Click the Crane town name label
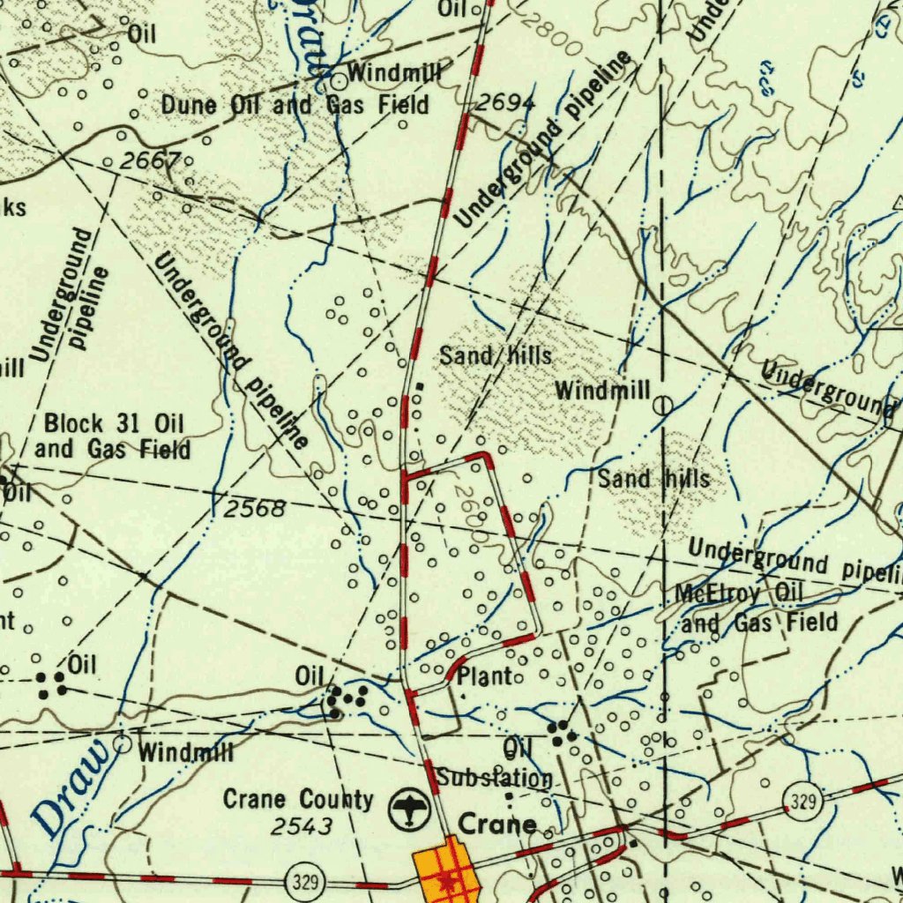coord(498,825)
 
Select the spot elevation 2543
coord(302,826)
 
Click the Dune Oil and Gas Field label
coord(295,106)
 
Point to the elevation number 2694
coord(506,104)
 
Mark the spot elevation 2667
coord(151,160)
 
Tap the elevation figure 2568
coord(255,509)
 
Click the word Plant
coord(485,676)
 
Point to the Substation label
coord(495,779)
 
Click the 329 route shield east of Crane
coord(802,803)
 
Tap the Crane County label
coord(298,800)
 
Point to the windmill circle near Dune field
coord(340,82)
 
